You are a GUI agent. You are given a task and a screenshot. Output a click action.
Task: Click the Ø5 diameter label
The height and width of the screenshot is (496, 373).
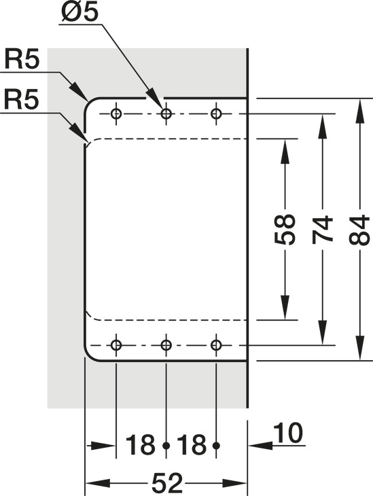coord(79,13)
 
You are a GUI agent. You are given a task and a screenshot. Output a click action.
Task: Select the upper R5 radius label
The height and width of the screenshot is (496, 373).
coord(22,60)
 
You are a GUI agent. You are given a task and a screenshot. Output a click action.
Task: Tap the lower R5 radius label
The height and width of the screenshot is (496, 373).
coord(21,100)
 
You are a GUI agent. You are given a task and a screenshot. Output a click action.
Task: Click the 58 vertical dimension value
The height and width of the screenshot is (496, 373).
coord(285,230)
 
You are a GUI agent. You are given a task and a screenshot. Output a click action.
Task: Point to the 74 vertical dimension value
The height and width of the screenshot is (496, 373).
coord(322,230)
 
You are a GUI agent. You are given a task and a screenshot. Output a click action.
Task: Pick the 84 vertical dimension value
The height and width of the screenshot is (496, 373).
coord(359,230)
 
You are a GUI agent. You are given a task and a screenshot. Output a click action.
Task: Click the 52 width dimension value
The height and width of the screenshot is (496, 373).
coord(168,483)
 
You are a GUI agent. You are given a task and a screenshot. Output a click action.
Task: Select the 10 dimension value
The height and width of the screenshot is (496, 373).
coord(288,433)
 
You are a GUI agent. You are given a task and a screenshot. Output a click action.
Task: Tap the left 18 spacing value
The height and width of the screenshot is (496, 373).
coord(141,445)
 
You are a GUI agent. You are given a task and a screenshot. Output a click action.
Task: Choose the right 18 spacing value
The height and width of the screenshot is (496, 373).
coord(192,445)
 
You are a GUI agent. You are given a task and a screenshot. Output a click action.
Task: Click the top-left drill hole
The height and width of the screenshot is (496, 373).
coord(116,113)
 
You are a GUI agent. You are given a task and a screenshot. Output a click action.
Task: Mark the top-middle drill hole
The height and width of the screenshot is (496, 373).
coord(166,113)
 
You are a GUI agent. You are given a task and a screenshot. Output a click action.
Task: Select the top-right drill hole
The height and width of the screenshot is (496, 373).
coord(216,113)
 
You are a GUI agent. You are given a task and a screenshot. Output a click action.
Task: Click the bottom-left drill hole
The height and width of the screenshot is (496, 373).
coord(116,344)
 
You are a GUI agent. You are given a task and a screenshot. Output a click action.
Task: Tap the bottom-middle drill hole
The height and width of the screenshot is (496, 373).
coord(166,344)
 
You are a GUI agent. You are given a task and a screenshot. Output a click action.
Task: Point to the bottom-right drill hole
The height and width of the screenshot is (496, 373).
coord(216,344)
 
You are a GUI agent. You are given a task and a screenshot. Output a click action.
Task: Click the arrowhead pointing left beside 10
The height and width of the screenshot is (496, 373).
coord(260,446)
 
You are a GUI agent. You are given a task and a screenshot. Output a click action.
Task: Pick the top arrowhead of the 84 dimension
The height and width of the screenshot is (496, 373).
coord(359,111)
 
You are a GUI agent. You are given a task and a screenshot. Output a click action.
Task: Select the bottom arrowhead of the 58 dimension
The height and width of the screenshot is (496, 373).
coord(285,308)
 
